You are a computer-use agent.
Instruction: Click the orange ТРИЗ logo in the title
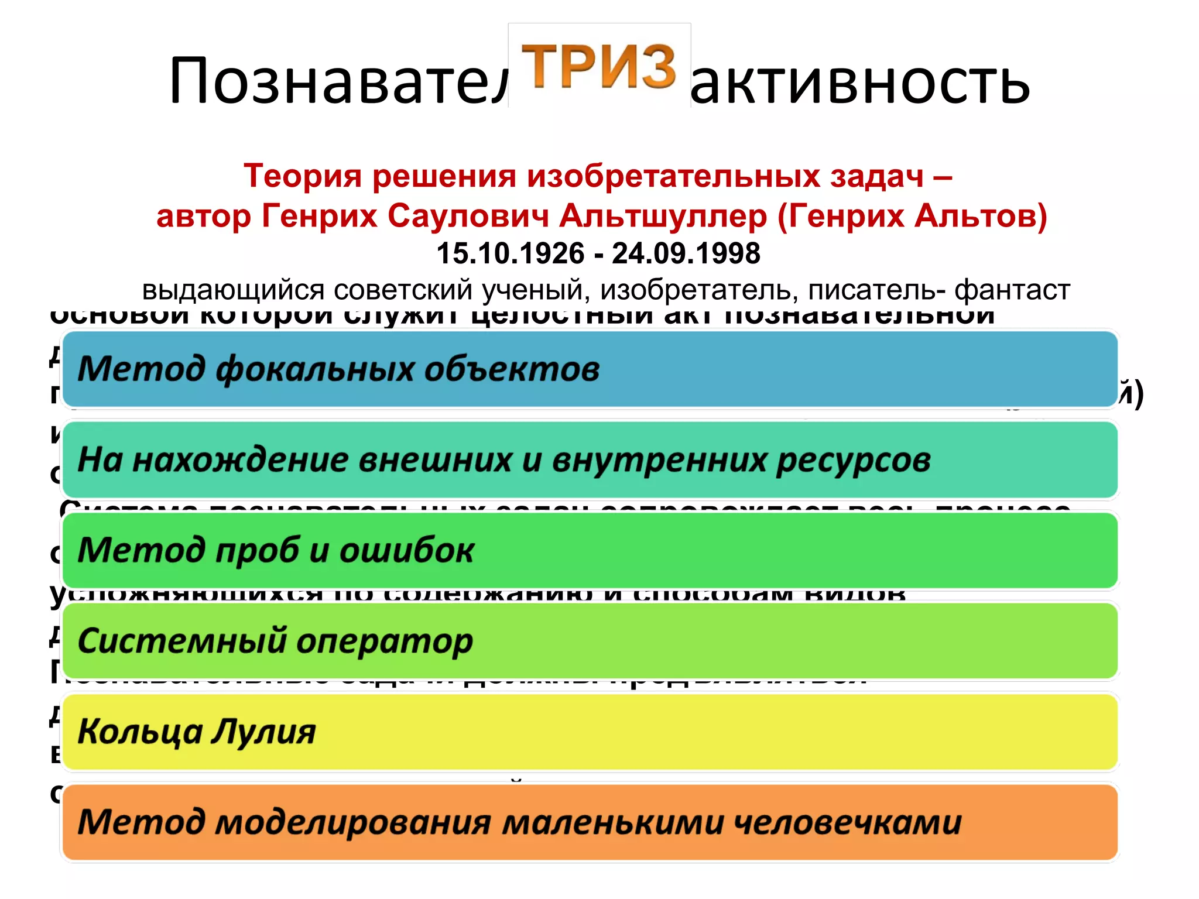coord(598,66)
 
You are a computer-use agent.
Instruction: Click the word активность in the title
coord(859,82)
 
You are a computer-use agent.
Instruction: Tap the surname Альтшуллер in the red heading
coord(663,215)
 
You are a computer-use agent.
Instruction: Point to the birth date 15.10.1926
coord(511,253)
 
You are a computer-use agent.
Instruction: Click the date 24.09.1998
coord(686,253)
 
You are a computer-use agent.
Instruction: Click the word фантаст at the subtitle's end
coord(1012,290)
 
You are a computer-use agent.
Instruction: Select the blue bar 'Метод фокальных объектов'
coord(590,369)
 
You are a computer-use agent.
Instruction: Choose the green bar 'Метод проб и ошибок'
coord(590,551)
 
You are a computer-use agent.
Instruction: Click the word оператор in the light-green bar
coord(384,641)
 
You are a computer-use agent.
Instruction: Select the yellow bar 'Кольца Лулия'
coord(590,732)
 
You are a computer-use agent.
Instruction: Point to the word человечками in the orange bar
coord(847,822)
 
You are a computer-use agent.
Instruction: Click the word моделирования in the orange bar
coord(353,822)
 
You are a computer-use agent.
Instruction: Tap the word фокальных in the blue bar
coord(315,369)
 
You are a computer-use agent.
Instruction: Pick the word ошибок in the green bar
coord(406,551)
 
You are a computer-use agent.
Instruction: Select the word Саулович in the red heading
coord(468,215)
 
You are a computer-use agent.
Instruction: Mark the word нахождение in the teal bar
coord(240,461)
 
